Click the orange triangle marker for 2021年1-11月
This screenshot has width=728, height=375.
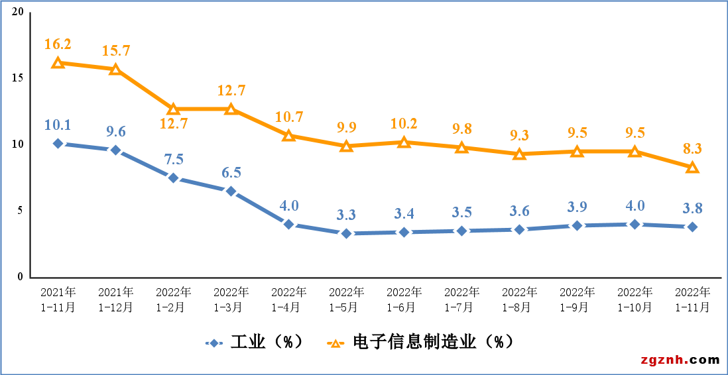(58, 63)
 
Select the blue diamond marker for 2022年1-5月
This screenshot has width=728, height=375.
(346, 233)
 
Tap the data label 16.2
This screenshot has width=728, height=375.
(58, 44)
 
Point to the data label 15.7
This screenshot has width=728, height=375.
(115, 51)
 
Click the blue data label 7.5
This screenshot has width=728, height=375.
(173, 160)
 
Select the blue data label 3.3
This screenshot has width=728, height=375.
(346, 215)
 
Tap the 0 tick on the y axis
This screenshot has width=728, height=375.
(21, 277)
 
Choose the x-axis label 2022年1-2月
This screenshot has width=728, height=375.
(173, 299)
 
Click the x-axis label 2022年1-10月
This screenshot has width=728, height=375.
(635, 299)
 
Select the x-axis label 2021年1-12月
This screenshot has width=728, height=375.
(115, 299)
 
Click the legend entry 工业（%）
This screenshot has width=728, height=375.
(255, 342)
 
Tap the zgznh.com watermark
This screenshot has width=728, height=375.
(680, 360)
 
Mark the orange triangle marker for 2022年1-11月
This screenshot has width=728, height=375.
(692, 168)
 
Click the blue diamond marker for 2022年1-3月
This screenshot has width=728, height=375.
(231, 191)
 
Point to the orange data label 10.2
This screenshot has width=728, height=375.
(404, 123)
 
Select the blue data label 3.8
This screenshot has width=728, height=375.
(692, 208)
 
